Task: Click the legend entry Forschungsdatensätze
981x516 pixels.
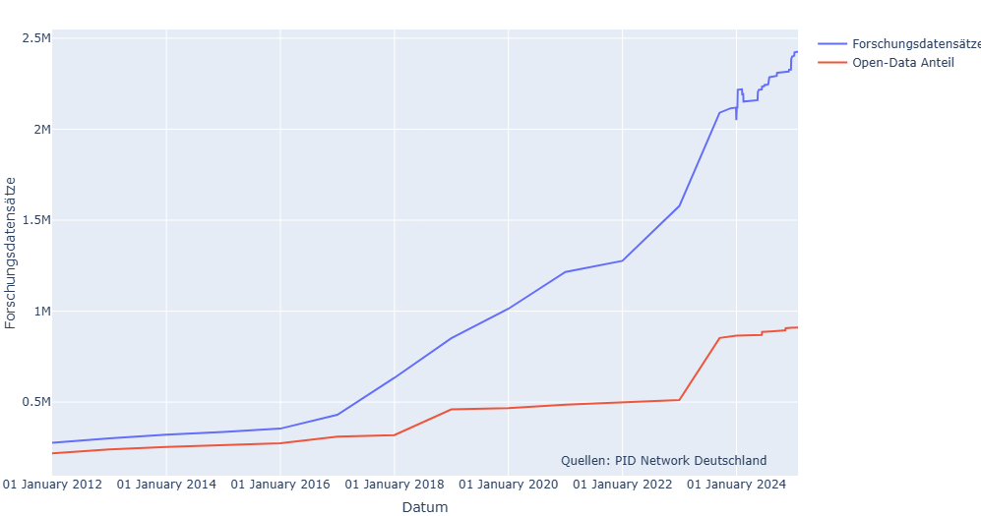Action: pyautogui.click(x=915, y=44)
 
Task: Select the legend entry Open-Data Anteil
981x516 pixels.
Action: pyautogui.click(x=902, y=63)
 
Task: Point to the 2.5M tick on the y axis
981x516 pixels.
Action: pyautogui.click(x=35, y=38)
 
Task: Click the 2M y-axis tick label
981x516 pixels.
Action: pyautogui.click(x=39, y=130)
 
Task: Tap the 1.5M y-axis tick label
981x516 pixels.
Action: pyautogui.click(x=35, y=220)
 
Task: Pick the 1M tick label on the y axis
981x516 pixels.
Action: pyautogui.click(x=39, y=312)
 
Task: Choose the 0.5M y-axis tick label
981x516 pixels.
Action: pyautogui.click(x=35, y=402)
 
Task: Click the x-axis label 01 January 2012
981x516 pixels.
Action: pyautogui.click(x=52, y=485)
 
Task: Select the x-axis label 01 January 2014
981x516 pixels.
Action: pyautogui.click(x=166, y=485)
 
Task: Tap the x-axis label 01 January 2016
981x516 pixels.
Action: pyautogui.click(x=280, y=485)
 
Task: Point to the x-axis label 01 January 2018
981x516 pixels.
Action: pyautogui.click(x=394, y=485)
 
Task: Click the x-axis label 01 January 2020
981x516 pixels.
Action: pyautogui.click(x=508, y=485)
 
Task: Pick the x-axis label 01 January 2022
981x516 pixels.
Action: pyautogui.click(x=622, y=485)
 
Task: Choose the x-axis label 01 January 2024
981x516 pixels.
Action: pyautogui.click(x=736, y=485)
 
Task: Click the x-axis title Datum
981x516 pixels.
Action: pyautogui.click(x=425, y=507)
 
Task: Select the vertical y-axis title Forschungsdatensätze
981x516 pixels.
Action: pyautogui.click(x=11, y=253)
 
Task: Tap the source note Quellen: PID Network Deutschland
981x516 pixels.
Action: pyautogui.click(x=663, y=461)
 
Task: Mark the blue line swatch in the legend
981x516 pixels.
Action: pyautogui.click(x=832, y=44)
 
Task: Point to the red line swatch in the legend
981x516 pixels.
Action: pyautogui.click(x=832, y=63)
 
